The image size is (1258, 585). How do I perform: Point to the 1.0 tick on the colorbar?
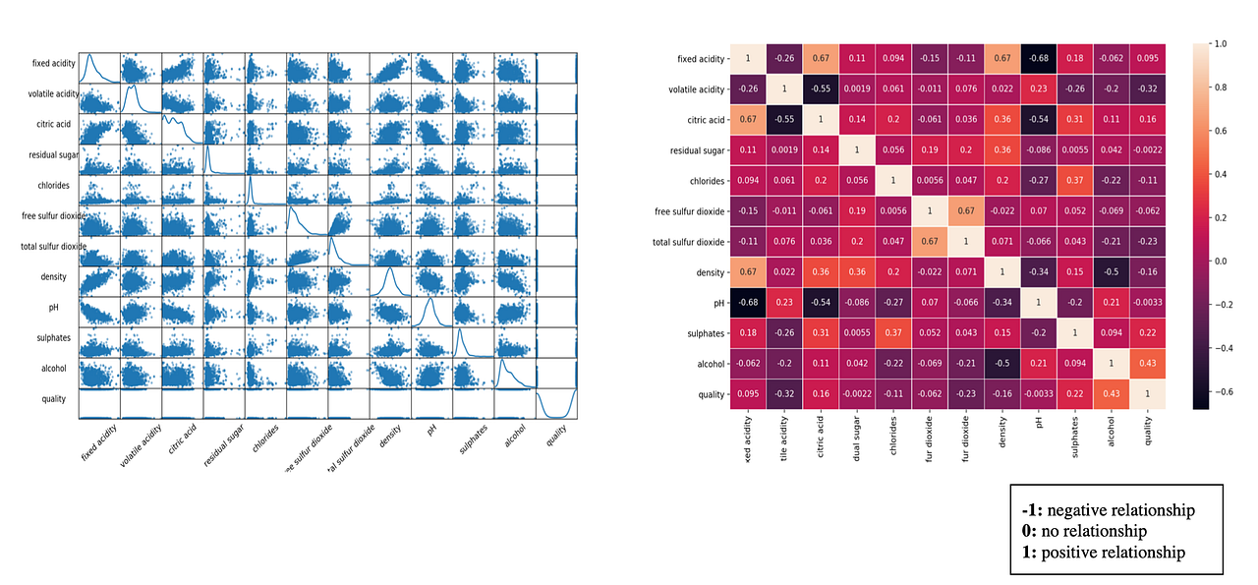tap(1219, 44)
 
